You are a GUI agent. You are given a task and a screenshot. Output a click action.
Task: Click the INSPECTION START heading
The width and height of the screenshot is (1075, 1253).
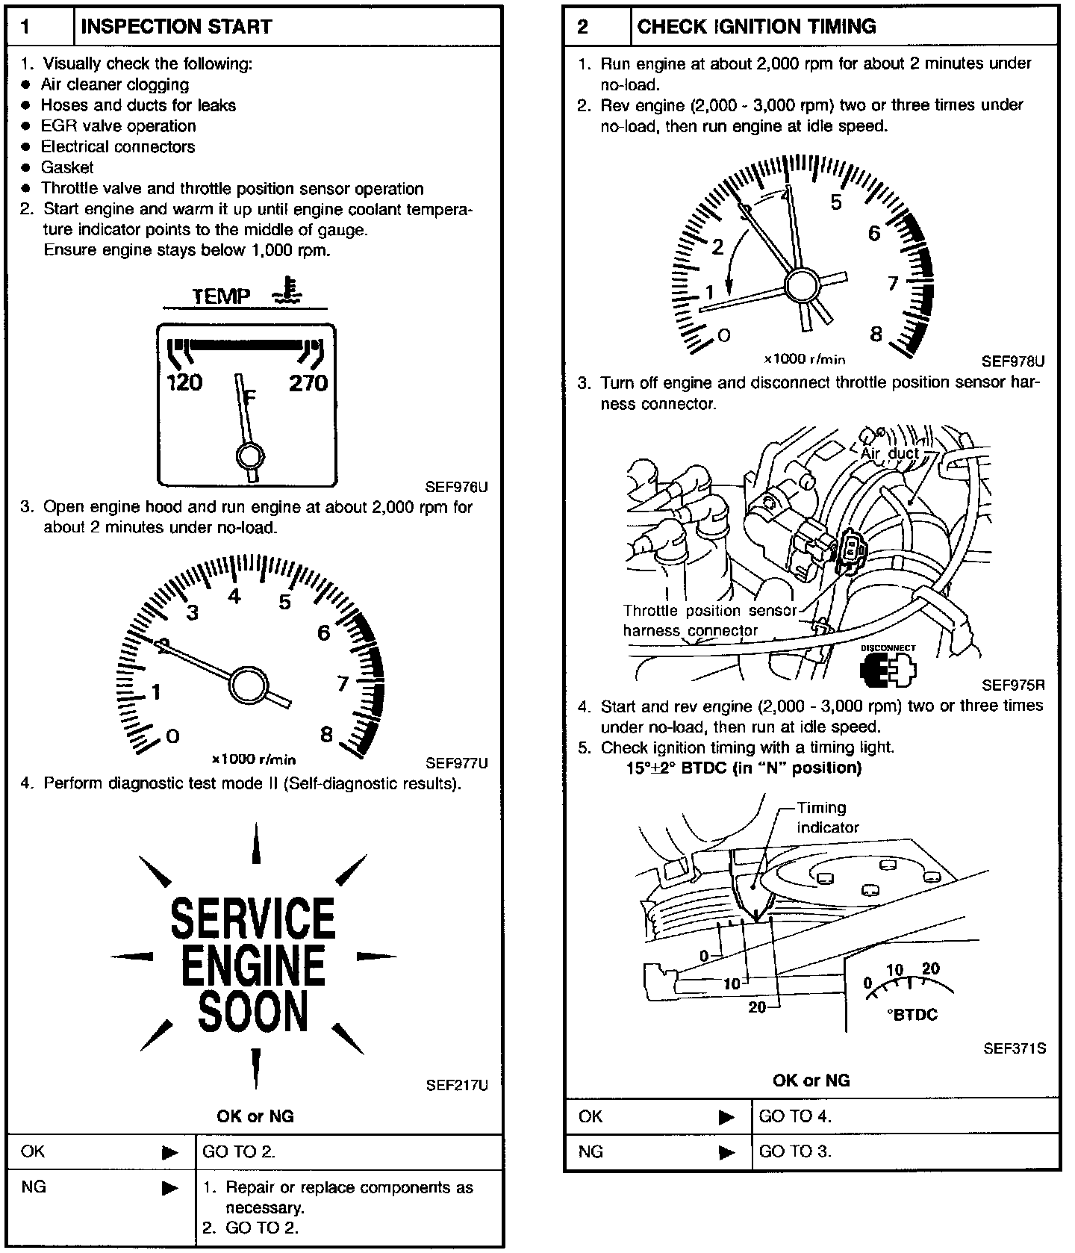175,27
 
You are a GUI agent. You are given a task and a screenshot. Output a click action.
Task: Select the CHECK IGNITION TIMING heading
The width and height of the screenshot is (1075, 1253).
755,27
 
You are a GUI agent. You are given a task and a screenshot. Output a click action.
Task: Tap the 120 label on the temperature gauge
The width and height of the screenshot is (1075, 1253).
184,383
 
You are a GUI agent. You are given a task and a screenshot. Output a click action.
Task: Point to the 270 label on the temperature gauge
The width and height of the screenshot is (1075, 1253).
308,383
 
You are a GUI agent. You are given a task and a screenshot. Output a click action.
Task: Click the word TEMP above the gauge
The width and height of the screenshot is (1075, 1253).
221,296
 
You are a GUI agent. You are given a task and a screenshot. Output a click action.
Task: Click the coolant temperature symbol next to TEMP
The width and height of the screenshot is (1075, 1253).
287,291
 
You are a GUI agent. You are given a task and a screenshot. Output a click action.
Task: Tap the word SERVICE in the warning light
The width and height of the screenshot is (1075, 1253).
253,918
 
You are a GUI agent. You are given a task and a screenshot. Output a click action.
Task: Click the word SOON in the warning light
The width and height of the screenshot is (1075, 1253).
253,1012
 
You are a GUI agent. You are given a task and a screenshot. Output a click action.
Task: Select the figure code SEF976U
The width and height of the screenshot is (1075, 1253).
456,488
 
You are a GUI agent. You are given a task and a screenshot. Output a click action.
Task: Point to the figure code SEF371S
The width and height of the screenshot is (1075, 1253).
1014,1048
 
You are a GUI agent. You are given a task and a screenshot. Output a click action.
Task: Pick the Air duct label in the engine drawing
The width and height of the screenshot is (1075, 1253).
890,453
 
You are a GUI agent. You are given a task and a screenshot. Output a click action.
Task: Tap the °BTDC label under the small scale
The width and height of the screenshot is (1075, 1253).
912,1014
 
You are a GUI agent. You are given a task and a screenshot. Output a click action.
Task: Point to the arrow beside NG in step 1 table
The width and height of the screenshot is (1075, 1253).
170,1188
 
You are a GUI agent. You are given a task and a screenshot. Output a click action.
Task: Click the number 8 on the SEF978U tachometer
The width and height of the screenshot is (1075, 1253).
876,334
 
